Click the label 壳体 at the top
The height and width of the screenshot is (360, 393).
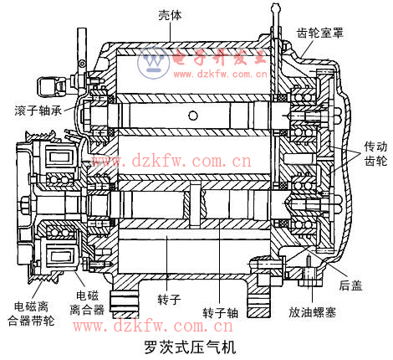tap(170, 15)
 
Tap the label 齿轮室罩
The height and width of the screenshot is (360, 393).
tap(319, 33)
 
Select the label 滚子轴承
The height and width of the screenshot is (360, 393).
tap(38, 111)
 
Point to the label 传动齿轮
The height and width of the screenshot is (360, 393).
tap(376, 154)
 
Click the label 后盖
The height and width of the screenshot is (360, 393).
tap(350, 285)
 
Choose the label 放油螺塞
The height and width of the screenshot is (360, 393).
tap(312, 312)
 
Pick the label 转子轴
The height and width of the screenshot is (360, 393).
tap(221, 313)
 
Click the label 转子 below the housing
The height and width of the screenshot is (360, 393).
tap(169, 300)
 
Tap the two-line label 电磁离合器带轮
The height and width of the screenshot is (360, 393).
tap(31, 314)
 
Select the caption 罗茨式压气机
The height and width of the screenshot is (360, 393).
tap(190, 347)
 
